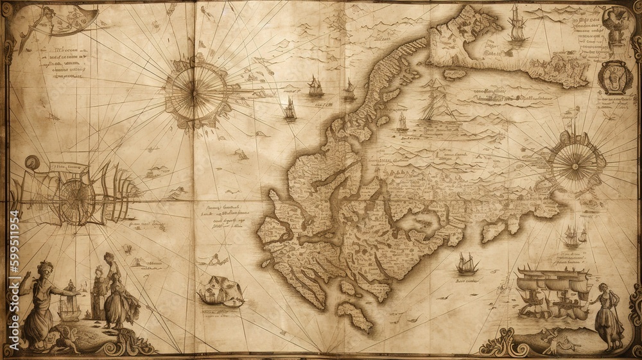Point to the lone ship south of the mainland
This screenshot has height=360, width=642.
[467, 263]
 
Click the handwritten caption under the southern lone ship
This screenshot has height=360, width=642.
[468, 280]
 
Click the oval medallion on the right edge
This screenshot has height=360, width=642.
[615, 77]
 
